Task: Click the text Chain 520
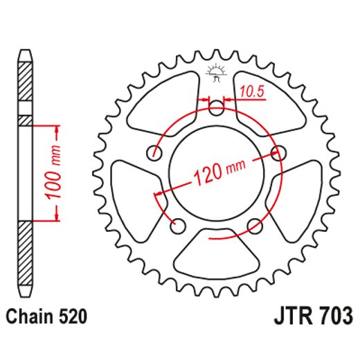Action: tap(46, 318)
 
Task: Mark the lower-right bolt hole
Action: tap(255, 224)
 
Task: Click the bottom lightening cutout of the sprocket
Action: tap(217, 255)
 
